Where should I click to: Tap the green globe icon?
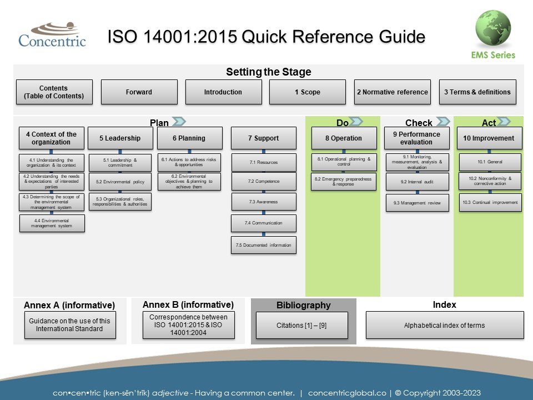tap(493, 28)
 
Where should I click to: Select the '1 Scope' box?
tap(308, 92)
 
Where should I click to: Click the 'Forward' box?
tap(139, 92)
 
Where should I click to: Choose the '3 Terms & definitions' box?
tap(477, 92)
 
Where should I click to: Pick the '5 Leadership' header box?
tap(119, 138)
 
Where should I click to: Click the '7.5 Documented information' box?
tap(263, 245)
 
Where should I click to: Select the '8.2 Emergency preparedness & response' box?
tap(343, 182)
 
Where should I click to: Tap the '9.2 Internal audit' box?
tap(417, 182)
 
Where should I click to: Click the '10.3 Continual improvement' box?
tap(490, 203)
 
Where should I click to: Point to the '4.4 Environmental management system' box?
tap(52, 223)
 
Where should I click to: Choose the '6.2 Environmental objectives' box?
tap(190, 182)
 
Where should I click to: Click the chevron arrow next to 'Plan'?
tap(179, 122)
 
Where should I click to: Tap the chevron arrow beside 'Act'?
tap(504, 122)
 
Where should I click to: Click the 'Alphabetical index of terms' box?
tap(444, 325)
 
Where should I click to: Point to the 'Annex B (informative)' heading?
tap(188, 304)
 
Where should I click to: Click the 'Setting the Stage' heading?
tap(268, 72)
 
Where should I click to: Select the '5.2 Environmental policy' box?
tap(119, 182)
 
